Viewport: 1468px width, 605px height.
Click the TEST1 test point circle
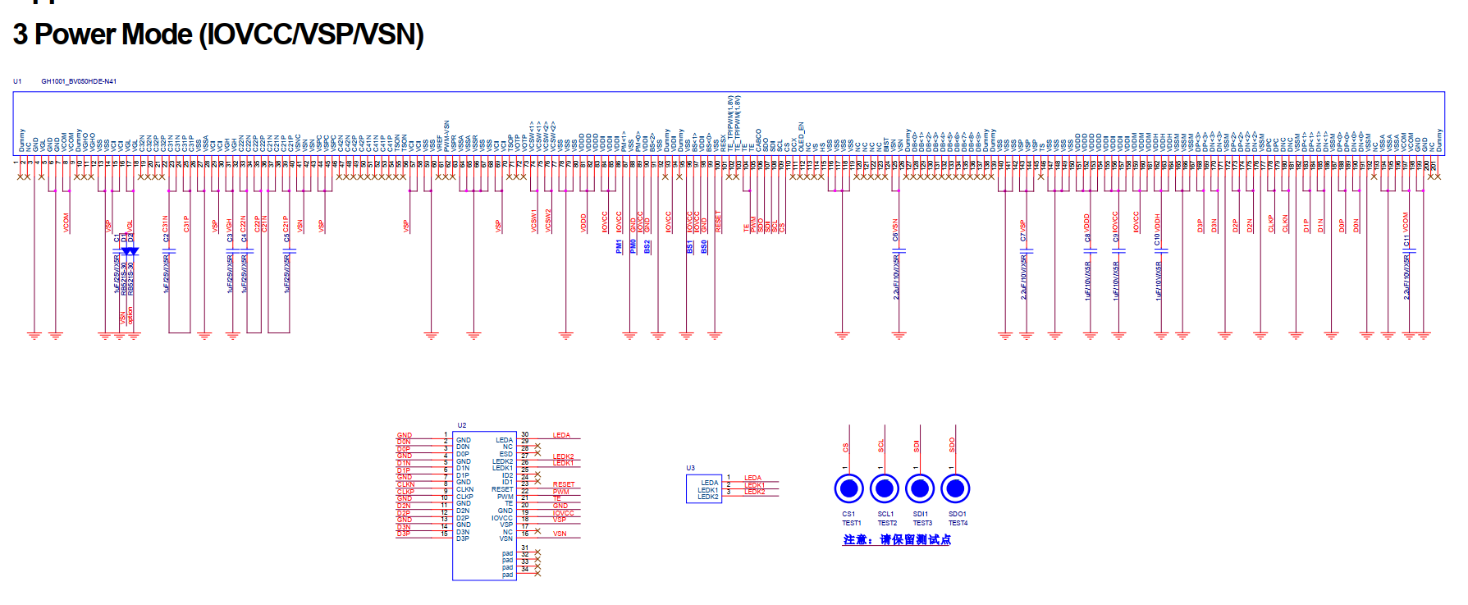point(848,488)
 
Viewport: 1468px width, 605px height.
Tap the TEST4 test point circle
point(955,488)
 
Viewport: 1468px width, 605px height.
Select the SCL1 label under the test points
point(886,514)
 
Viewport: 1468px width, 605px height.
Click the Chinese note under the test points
point(897,539)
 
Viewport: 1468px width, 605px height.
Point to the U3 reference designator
point(690,468)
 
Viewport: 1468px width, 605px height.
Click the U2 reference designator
point(461,425)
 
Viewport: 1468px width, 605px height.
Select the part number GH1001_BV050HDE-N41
point(79,81)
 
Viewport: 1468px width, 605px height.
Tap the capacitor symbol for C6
point(899,250)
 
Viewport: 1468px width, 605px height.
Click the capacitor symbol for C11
point(1409,249)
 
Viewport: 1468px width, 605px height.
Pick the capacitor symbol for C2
point(168,250)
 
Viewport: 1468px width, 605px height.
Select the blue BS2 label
point(647,246)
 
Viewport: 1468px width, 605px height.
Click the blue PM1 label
point(619,246)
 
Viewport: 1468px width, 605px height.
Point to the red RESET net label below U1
point(718,222)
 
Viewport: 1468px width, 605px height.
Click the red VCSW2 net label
point(548,220)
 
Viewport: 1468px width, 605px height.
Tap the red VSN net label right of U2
point(560,534)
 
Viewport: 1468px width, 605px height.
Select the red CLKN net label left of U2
point(405,484)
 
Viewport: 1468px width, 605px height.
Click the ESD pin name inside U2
point(506,454)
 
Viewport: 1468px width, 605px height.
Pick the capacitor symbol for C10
point(1160,250)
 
